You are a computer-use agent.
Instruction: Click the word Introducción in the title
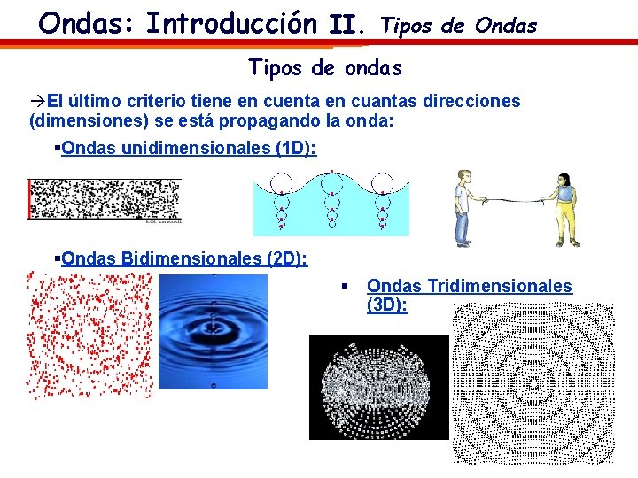pyautogui.click(x=231, y=21)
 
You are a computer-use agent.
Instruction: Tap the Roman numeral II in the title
pyautogui.click(x=346, y=25)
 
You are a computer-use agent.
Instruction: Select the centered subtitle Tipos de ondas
pyautogui.click(x=325, y=67)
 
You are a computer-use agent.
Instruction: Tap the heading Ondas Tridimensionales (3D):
pyautogui.click(x=469, y=295)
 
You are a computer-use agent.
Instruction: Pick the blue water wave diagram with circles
pyautogui.click(x=331, y=202)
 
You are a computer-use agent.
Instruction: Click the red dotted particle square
pyautogui.click(x=89, y=335)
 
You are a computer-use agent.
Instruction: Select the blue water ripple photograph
pyautogui.click(x=213, y=331)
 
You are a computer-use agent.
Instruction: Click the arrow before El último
pyautogui.click(x=38, y=101)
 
